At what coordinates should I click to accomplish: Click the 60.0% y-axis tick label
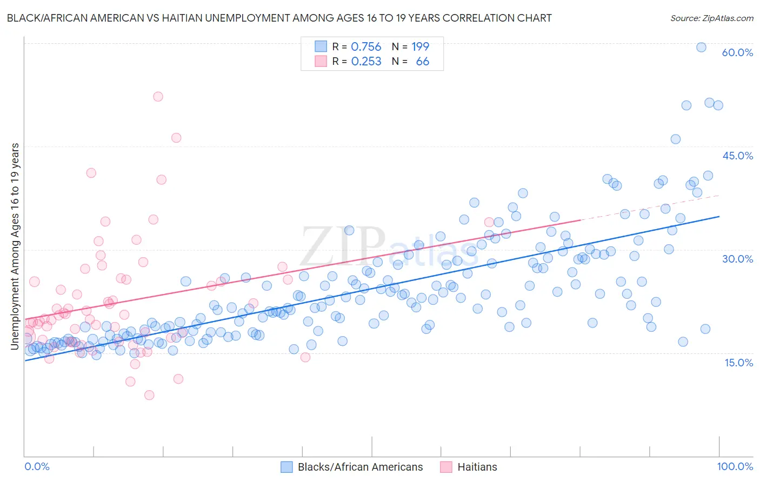tap(737, 52)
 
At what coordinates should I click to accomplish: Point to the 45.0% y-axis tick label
tap(737, 156)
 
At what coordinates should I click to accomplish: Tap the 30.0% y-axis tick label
tap(737, 259)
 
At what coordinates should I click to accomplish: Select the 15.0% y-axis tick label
tap(738, 362)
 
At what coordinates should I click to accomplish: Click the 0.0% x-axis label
tap(37, 466)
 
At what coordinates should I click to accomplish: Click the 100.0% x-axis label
tap(735, 466)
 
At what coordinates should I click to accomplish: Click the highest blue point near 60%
tap(701, 47)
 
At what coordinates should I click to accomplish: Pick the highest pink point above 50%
tap(158, 97)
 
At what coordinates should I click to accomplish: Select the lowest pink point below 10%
tap(149, 395)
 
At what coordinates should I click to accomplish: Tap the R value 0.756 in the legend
tap(366, 47)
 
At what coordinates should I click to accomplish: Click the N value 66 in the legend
tap(422, 62)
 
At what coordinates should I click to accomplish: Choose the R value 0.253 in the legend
tap(366, 62)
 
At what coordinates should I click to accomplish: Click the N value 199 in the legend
tap(420, 47)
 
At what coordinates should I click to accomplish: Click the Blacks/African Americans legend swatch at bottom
tap(287, 467)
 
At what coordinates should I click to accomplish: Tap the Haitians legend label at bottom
tap(477, 467)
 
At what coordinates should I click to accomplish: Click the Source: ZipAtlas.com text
tap(711, 18)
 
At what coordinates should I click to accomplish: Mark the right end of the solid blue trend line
tap(718, 217)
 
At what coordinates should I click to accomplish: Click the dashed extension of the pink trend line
tap(649, 208)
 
